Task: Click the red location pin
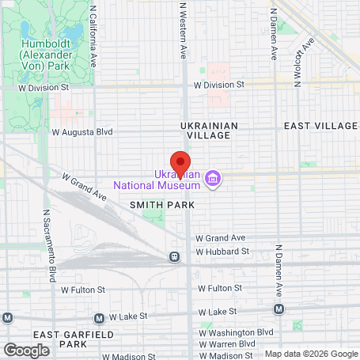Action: click(x=180, y=162)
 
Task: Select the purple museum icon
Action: click(x=212, y=179)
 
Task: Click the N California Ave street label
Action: click(x=93, y=36)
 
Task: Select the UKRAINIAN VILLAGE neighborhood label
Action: click(x=205, y=131)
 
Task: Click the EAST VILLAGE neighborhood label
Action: click(x=320, y=126)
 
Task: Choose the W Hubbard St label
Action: click(x=222, y=252)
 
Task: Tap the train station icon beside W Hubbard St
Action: click(x=172, y=256)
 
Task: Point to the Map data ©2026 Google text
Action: click(x=311, y=354)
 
